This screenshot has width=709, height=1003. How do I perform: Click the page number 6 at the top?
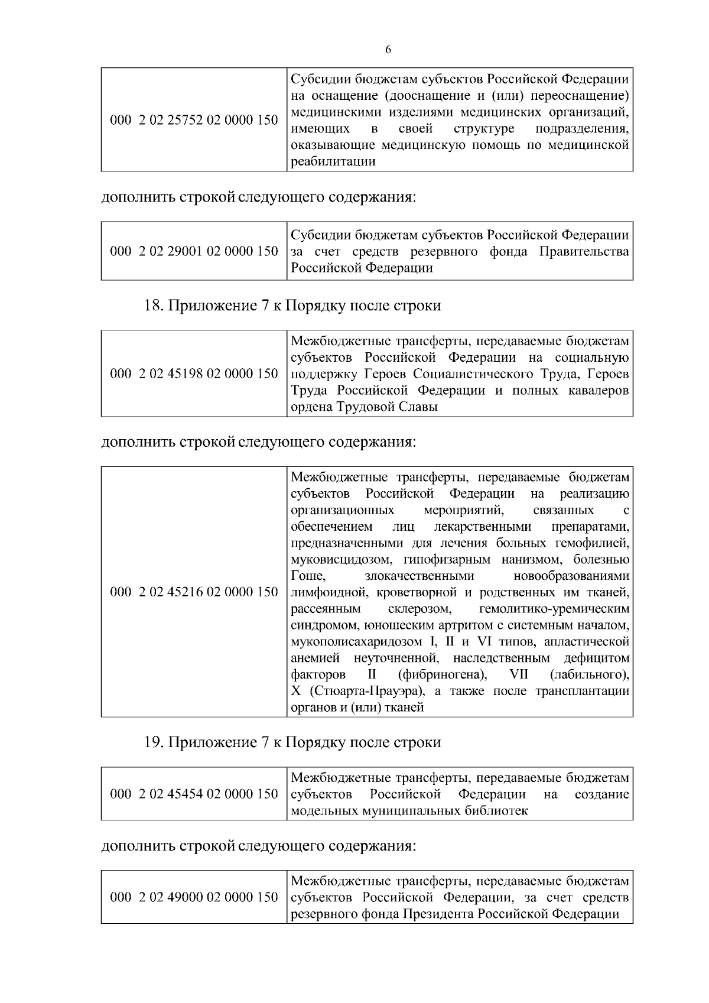[x=388, y=50]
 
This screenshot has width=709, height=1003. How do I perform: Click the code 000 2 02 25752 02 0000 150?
[x=194, y=120]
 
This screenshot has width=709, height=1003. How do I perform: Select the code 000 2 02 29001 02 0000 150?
[x=194, y=251]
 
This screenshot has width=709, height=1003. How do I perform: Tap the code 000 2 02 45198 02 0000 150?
[x=194, y=374]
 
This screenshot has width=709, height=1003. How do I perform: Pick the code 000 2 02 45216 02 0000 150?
[x=194, y=592]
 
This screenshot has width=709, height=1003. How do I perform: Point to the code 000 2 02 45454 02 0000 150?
[x=194, y=794]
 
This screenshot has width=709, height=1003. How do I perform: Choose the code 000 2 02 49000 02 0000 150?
[x=194, y=897]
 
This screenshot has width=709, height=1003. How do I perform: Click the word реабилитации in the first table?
[x=333, y=161]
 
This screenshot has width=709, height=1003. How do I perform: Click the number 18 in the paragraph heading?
[x=154, y=306]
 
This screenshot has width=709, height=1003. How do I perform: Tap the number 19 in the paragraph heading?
[x=154, y=742]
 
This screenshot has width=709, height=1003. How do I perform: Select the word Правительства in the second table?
[x=584, y=252]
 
